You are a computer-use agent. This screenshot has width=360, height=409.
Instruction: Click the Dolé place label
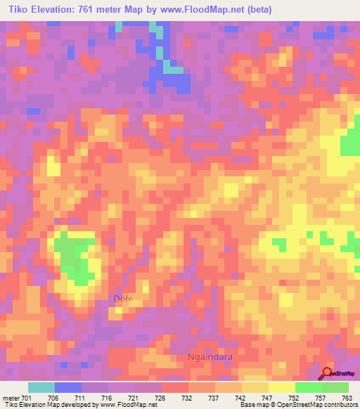click(x=124, y=299)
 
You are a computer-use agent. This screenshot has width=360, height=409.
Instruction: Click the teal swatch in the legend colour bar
click(x=41, y=387)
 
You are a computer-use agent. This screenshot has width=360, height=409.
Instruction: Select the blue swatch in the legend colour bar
click(x=68, y=387)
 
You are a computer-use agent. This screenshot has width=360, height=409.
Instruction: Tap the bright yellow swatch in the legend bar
click(x=282, y=387)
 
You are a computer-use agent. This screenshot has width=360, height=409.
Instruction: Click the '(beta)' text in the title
click(x=257, y=9)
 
